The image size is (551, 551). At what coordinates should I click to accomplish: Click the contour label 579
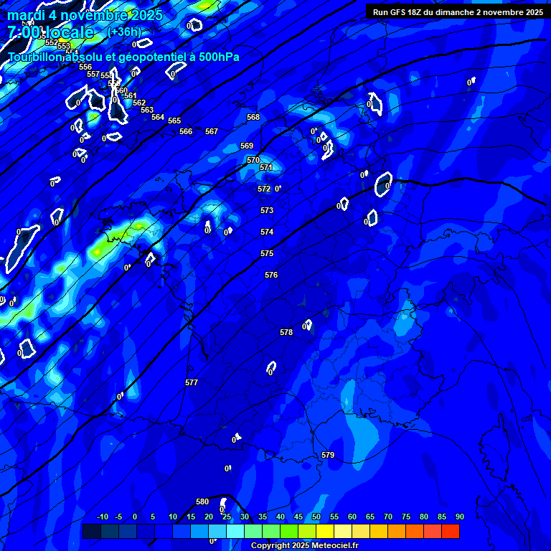[x=328, y=455]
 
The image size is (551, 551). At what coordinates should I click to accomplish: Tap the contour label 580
[x=202, y=501]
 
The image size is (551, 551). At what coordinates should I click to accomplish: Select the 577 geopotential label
[x=192, y=382]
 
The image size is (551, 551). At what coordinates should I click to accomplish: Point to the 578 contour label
[x=286, y=332]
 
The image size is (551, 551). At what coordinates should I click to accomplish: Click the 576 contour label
[x=270, y=275]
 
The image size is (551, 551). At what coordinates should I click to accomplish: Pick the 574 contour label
[x=267, y=232]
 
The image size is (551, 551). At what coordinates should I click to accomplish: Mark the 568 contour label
[x=253, y=117]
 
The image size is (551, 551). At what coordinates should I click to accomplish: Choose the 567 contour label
[x=212, y=131]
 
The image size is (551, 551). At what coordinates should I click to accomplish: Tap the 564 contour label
[x=158, y=117]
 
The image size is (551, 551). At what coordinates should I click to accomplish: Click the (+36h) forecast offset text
[x=125, y=32]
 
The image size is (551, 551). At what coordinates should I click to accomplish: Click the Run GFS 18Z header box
[x=458, y=12]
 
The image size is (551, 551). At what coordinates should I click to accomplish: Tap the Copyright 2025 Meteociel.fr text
[x=304, y=546]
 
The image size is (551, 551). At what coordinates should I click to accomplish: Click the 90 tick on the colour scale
[x=459, y=517]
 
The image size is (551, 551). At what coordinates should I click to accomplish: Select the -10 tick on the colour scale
[x=103, y=517]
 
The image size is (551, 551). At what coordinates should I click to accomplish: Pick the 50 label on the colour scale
[x=316, y=517]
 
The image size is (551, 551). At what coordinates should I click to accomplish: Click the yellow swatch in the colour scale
[x=325, y=531]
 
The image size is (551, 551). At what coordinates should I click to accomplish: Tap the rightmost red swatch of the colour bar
[x=451, y=531]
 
